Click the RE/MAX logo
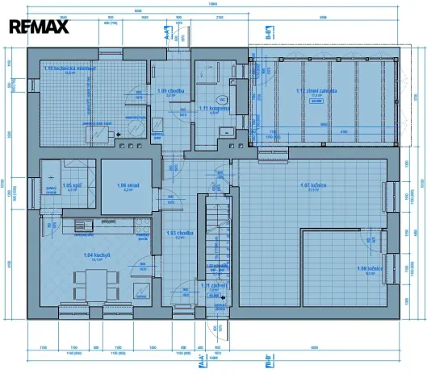pos(40,27)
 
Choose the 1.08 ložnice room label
pos(368,269)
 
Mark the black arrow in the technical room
pos(119,135)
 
